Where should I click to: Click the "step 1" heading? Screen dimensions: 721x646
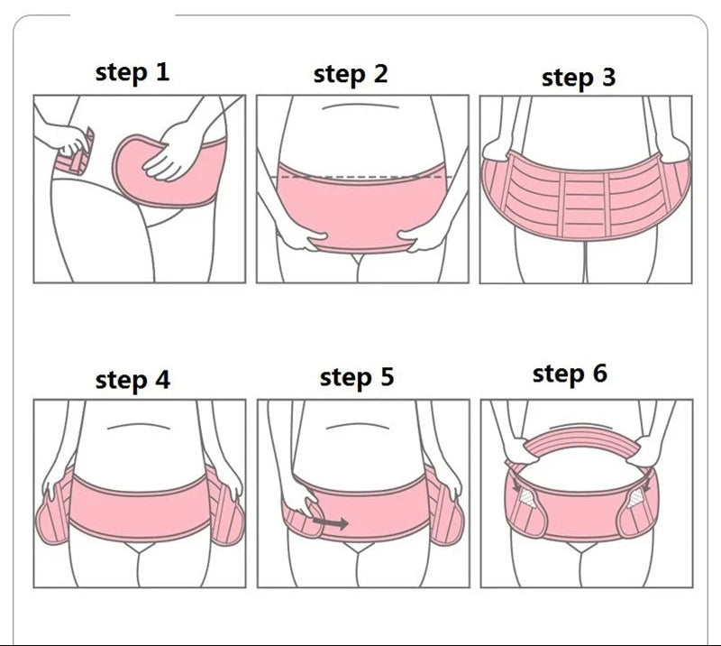tap(132, 73)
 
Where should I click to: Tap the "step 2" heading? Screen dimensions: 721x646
tap(351, 75)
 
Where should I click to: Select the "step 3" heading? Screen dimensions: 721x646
tap(579, 78)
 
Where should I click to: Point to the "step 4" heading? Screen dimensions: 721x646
tap(132, 381)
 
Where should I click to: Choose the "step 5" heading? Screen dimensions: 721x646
tap(357, 377)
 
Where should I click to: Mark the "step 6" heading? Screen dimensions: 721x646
tap(570, 374)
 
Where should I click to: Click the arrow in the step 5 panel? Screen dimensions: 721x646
tap(330, 522)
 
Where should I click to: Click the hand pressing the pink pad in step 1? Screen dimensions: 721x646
tap(169, 152)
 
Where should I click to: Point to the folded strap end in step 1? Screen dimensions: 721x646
tap(77, 154)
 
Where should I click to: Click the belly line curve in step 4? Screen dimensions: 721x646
tap(139, 426)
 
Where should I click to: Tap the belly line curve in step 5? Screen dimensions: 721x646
tap(357, 426)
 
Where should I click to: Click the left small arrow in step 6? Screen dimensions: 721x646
tap(517, 485)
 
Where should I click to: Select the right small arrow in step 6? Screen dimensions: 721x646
tap(648, 484)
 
